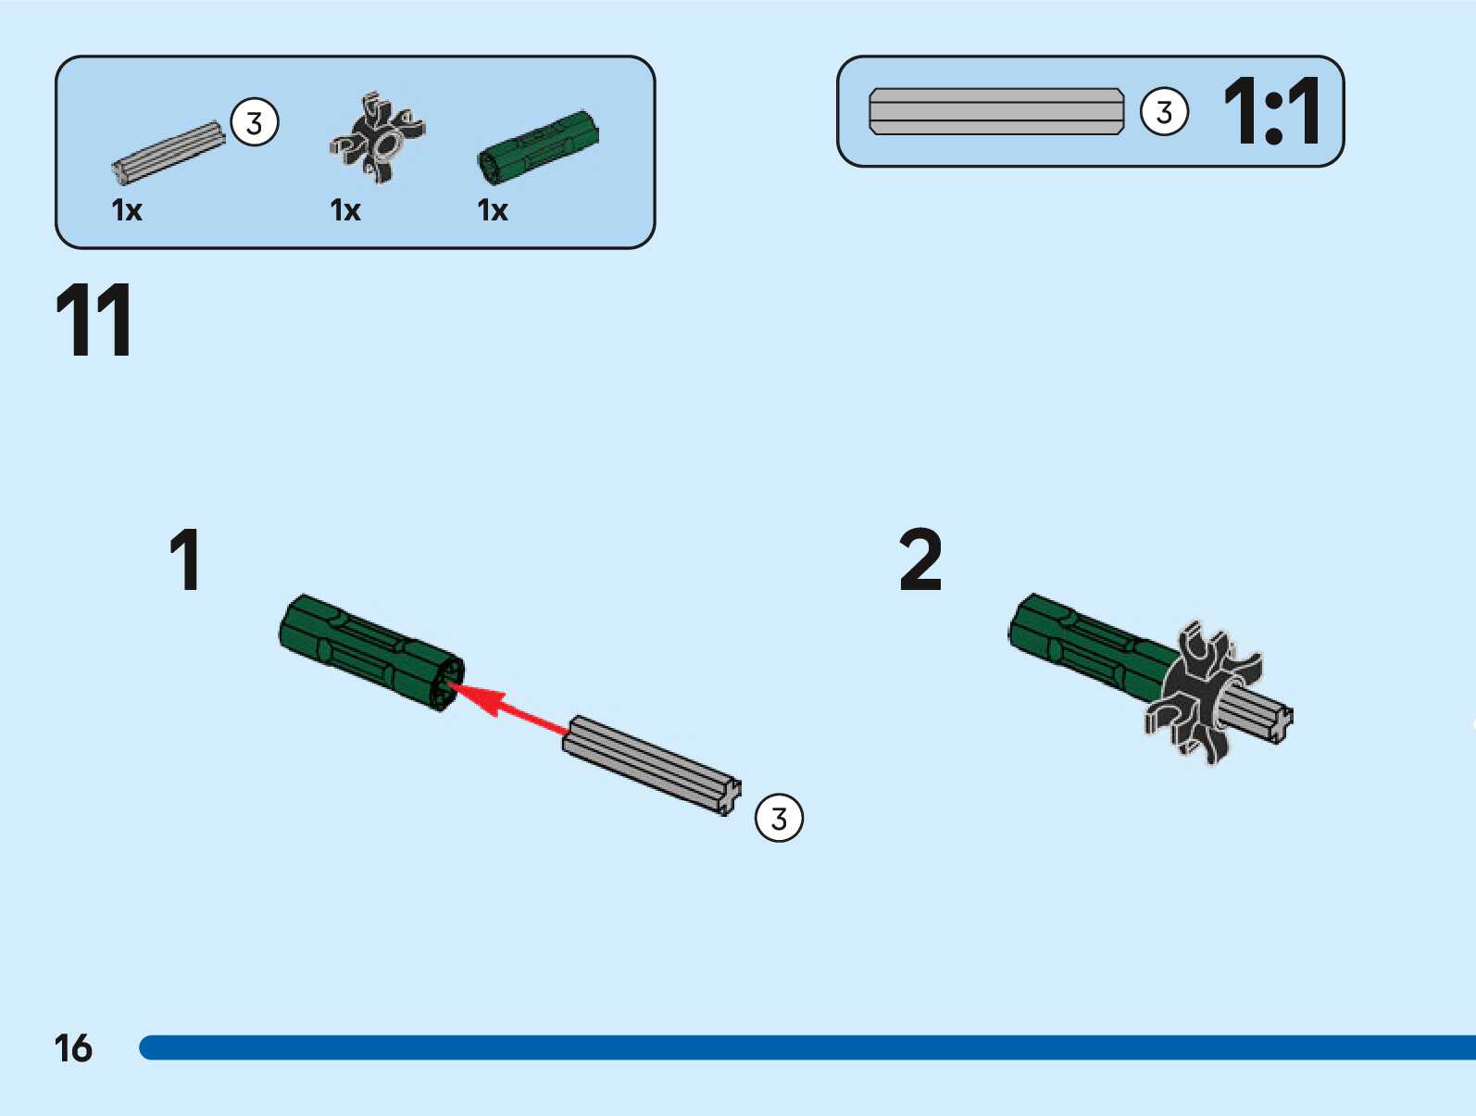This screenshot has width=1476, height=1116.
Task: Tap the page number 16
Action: [x=73, y=1048]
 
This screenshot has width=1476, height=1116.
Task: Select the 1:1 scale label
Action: [x=1272, y=112]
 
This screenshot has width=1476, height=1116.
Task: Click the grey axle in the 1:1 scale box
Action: [x=996, y=112]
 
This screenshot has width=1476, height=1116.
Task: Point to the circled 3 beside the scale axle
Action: [x=1164, y=112]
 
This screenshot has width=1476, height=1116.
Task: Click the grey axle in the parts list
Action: [x=169, y=152]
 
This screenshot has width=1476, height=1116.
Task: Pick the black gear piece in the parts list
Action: [x=378, y=138]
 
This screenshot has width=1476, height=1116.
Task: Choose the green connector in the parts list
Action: [x=538, y=146]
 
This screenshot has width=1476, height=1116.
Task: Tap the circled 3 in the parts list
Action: [x=254, y=122]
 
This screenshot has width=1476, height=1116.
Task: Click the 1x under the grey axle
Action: [x=127, y=210]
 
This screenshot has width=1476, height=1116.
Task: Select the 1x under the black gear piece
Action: [x=345, y=210]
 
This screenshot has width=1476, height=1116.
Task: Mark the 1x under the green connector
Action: [x=493, y=210]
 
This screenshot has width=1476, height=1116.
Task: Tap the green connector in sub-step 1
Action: [x=370, y=651]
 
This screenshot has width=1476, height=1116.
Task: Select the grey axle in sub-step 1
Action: [x=652, y=765]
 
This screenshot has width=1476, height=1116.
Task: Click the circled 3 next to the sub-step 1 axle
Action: [x=779, y=818]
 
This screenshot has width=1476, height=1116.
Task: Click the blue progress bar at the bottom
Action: [x=806, y=1047]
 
